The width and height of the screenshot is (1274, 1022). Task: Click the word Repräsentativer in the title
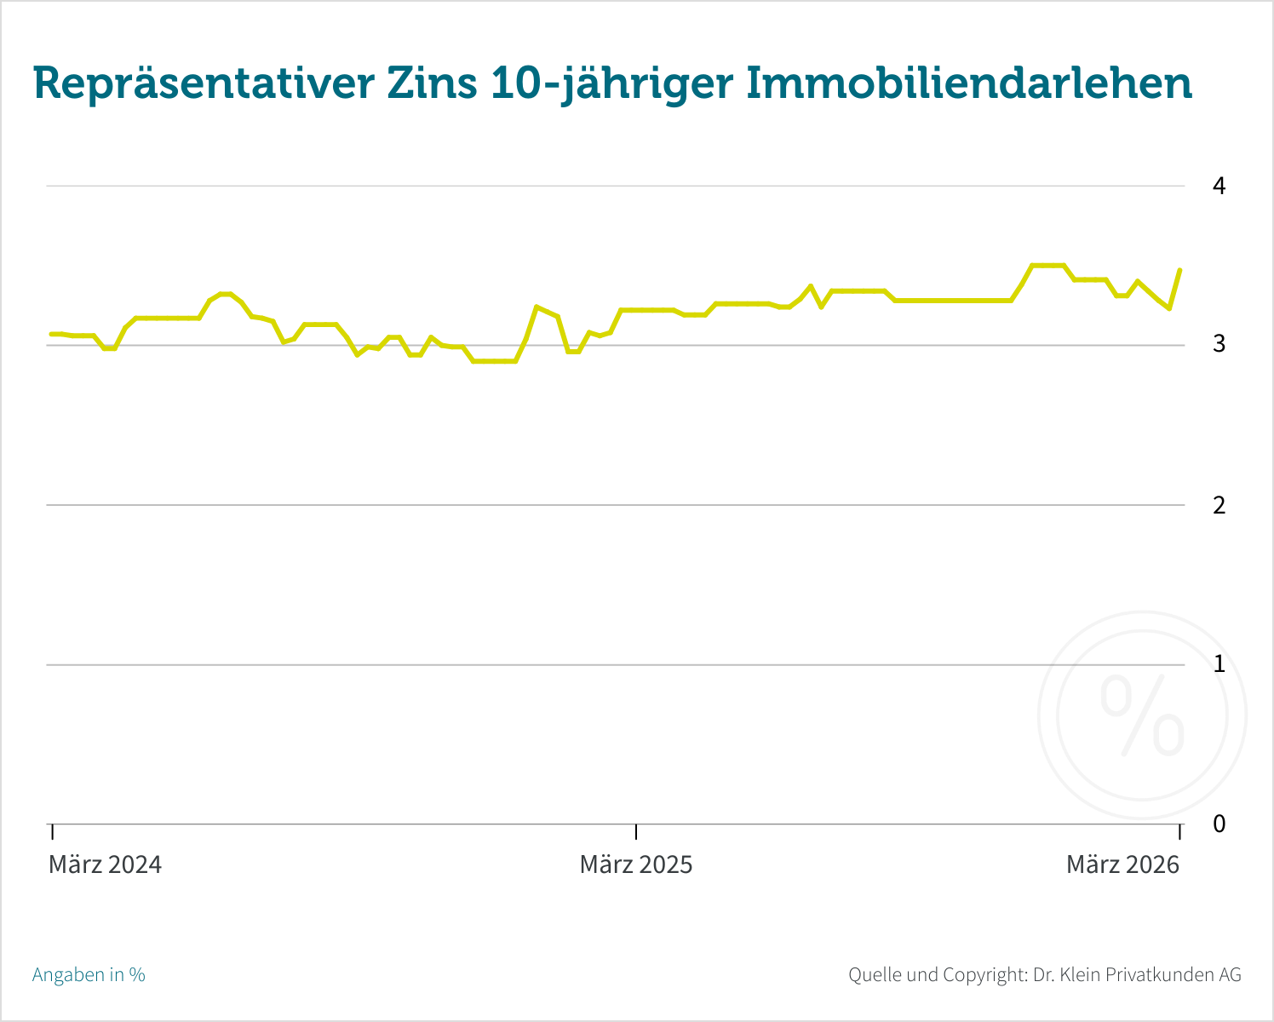coord(204,84)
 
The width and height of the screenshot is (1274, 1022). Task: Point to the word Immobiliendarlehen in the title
coord(969,84)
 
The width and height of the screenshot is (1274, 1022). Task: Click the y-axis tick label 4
coord(1219,186)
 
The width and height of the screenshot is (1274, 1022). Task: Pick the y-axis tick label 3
coord(1219,344)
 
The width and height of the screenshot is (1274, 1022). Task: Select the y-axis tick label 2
coord(1219,505)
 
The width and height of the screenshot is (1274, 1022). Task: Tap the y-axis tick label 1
coord(1219,664)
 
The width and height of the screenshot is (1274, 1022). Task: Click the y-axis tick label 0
coord(1219,824)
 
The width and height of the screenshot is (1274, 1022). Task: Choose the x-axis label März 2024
coord(105,865)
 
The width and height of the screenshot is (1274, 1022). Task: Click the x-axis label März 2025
coord(636,865)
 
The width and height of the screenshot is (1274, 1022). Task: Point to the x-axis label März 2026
coord(1122,865)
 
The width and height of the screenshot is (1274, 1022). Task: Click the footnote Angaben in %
coord(89,975)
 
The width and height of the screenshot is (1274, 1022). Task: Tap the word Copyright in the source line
coord(983,975)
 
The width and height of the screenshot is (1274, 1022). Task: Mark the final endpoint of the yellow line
coord(1179,270)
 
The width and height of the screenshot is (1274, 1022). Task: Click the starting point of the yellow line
coord(51,334)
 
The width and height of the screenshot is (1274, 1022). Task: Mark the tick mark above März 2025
coord(636,831)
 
